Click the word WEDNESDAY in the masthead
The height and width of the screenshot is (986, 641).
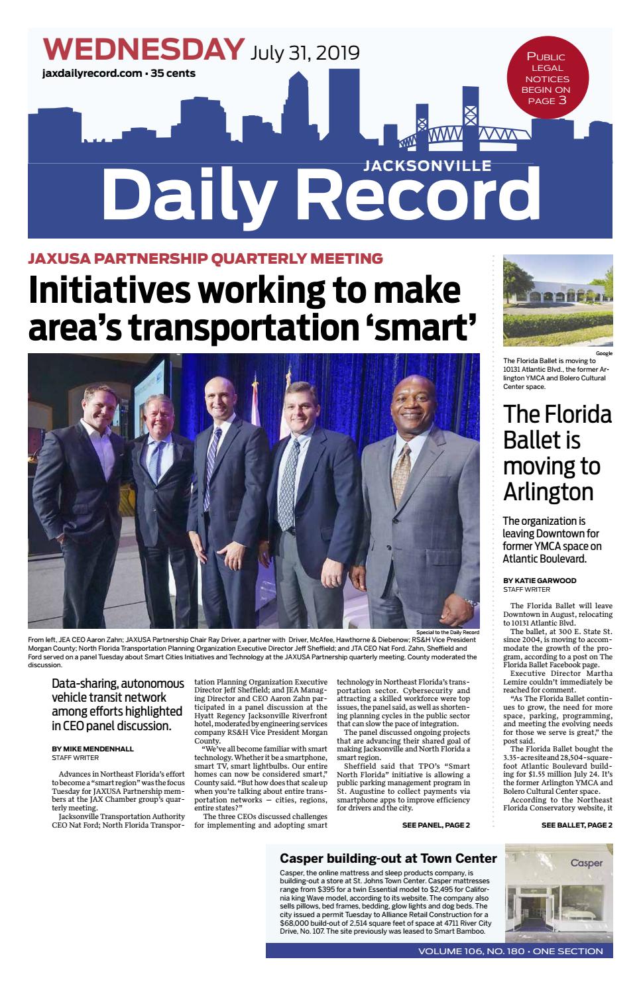click(x=143, y=50)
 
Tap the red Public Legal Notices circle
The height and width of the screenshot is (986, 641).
click(x=547, y=78)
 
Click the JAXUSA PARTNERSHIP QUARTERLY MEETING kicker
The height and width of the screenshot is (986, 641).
click(x=205, y=258)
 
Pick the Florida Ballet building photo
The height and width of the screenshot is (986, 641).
click(x=557, y=302)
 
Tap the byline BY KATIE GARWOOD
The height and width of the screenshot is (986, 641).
click(x=540, y=580)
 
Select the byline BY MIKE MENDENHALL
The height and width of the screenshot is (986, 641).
click(x=93, y=749)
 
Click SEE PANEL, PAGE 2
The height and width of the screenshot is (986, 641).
click(x=436, y=825)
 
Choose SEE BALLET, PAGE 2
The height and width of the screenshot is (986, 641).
click(x=576, y=825)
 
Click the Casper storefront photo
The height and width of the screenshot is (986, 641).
click(x=558, y=892)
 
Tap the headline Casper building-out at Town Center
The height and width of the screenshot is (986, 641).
click(x=388, y=859)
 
